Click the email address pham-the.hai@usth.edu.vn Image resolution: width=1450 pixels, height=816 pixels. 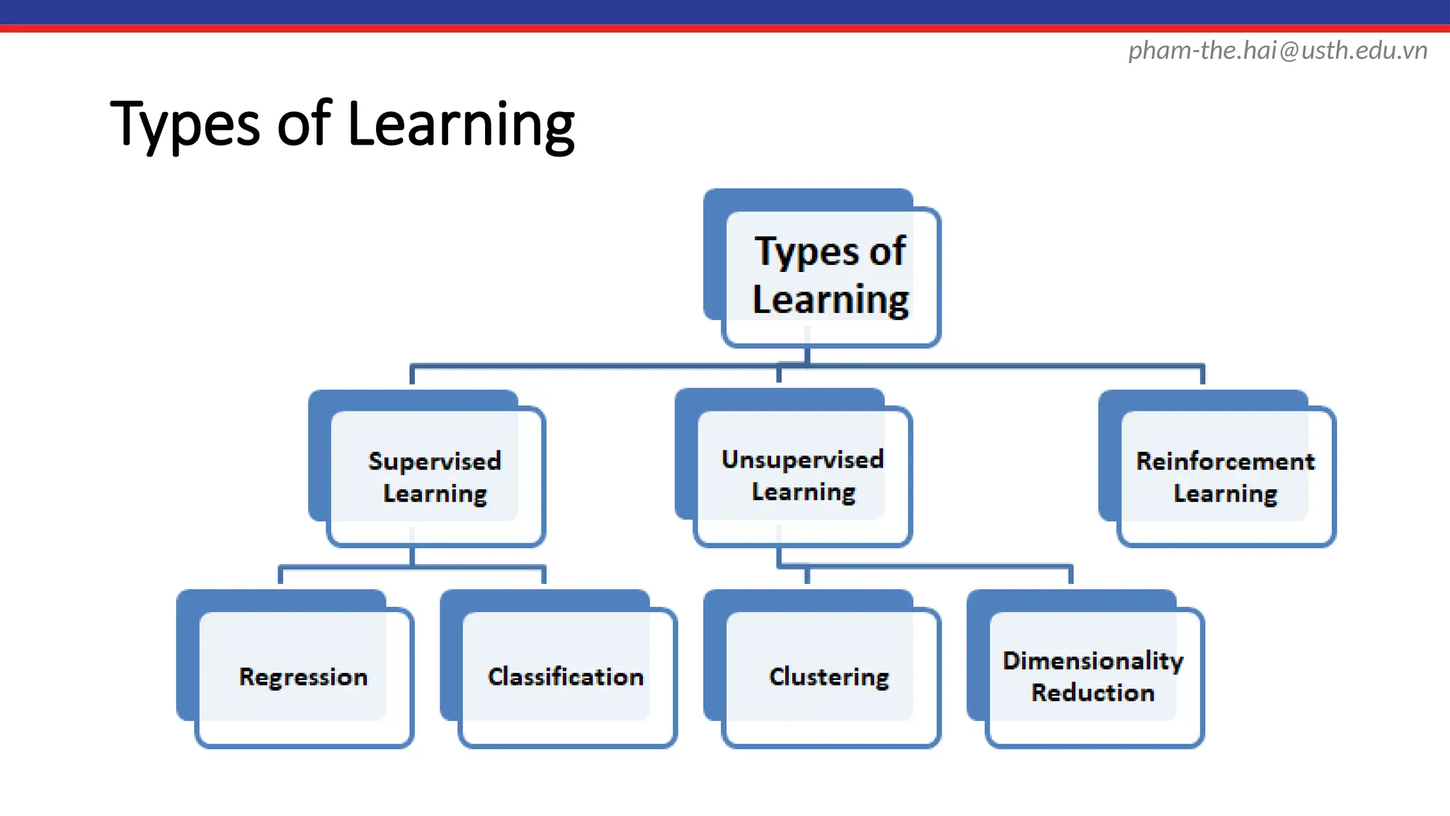1277,51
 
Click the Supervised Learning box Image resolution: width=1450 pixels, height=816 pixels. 435,477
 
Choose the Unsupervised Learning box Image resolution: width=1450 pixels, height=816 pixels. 802,475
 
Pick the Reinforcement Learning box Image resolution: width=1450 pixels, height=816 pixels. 1225,477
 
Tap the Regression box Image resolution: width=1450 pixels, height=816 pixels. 303,676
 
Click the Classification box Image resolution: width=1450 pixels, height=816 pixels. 566,676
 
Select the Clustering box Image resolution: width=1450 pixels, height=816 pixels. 829,676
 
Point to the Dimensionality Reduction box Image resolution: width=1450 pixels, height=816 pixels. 1092,676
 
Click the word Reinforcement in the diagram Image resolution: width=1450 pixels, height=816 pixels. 1225,461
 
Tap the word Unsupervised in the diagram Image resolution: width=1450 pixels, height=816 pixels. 802,460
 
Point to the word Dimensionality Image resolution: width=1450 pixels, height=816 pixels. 1092,661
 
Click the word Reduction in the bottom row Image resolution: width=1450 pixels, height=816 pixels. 1092,693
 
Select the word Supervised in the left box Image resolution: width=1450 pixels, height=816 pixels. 435,461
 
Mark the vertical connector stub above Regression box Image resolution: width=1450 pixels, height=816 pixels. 281,574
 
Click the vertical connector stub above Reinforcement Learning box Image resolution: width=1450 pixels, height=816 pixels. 1202,375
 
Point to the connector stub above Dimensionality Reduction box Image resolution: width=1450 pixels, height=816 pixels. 1071,574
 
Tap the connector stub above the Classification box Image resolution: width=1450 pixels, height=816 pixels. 544,574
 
